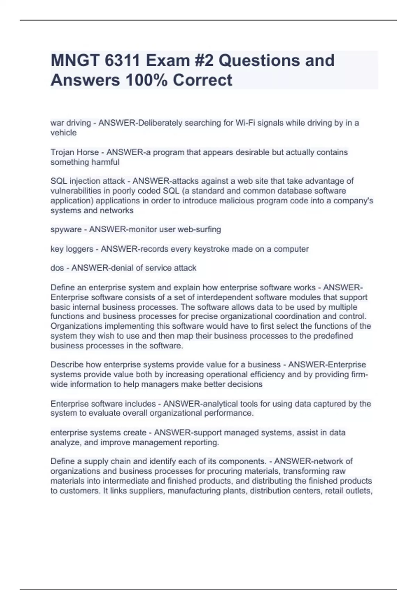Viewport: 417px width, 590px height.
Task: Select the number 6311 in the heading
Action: pos(122,61)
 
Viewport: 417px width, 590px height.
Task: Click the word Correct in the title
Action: pos(202,80)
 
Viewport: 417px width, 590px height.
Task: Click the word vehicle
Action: pos(64,133)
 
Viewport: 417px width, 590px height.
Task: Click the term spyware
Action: pos(66,230)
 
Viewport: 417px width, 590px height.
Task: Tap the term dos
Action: pos(57,268)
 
